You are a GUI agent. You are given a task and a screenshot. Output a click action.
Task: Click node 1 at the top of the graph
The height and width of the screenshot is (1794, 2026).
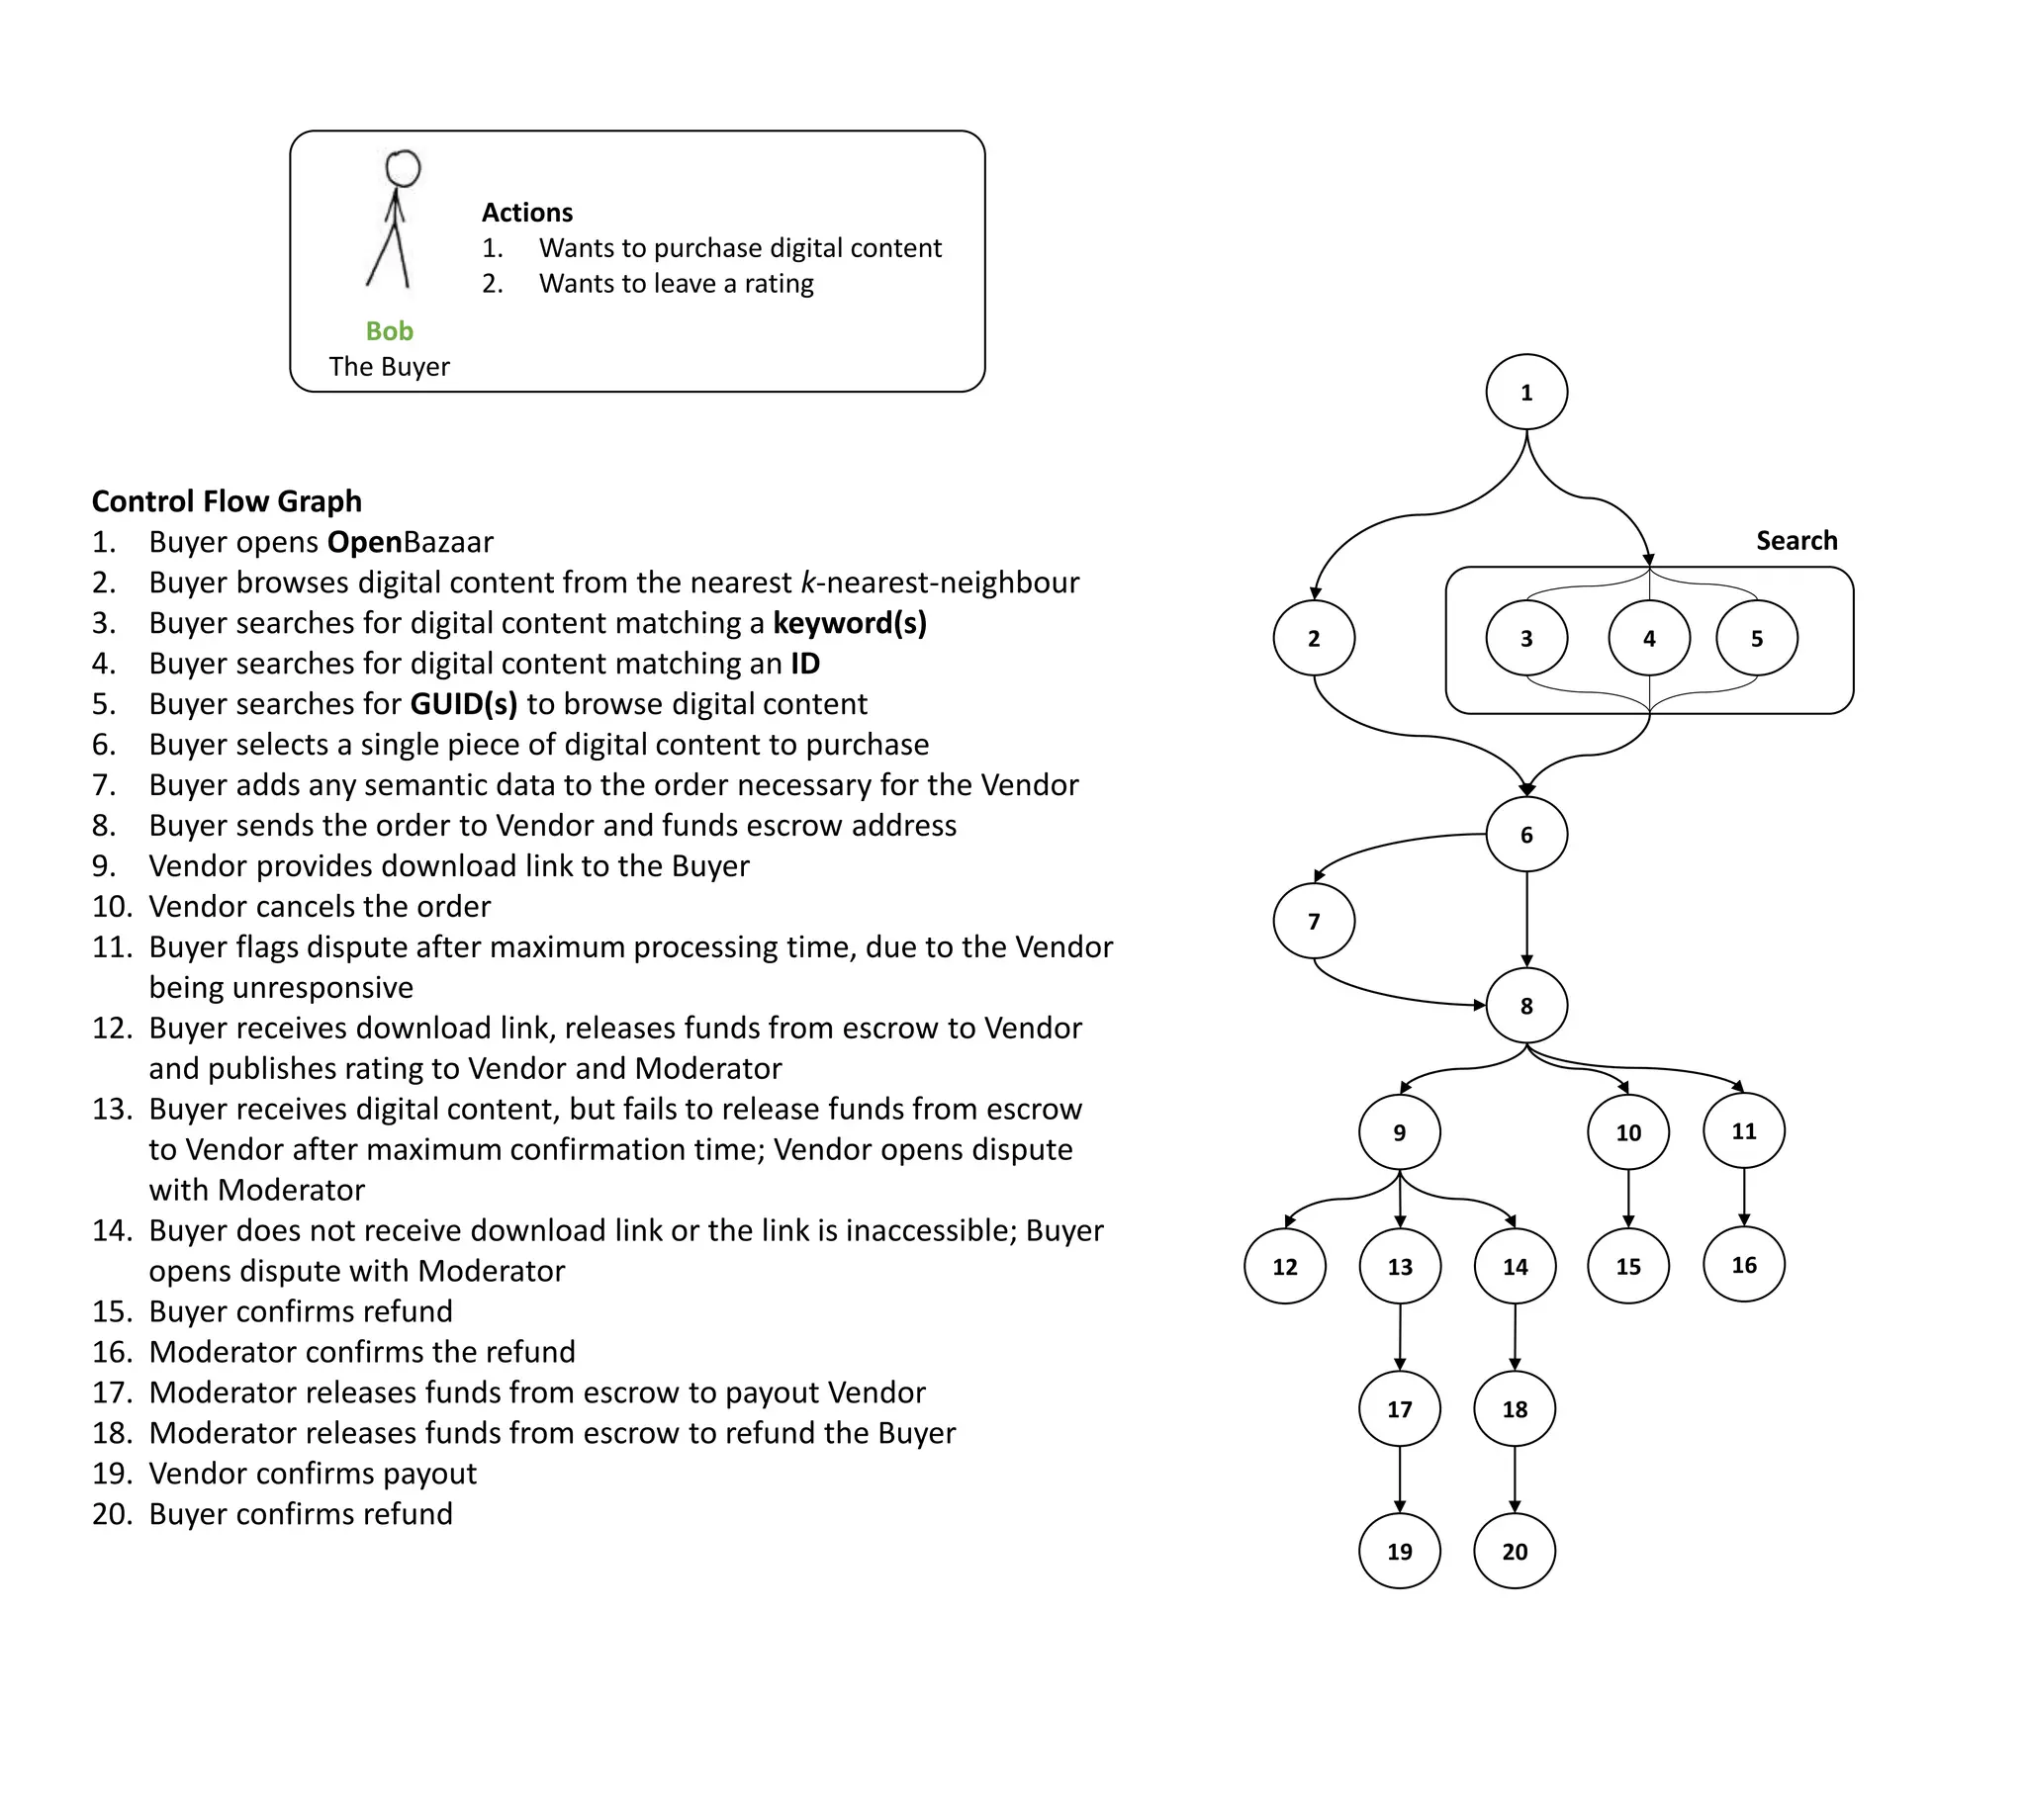pos(1526,393)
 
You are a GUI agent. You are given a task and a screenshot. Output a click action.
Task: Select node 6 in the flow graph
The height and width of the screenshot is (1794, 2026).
pos(1526,835)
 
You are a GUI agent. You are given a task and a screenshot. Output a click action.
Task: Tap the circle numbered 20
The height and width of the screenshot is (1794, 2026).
pos(1515,1551)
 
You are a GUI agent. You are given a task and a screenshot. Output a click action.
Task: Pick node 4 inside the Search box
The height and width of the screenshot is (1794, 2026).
pos(1649,638)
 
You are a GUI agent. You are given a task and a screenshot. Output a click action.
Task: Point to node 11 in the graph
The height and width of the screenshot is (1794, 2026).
pos(1744,1131)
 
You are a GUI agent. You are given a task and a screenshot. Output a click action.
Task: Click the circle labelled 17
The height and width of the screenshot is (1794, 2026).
pos(1400,1408)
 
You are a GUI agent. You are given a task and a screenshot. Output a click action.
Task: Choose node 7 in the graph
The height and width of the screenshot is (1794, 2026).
pos(1315,921)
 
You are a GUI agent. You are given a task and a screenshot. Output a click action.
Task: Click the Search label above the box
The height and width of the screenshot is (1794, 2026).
pos(1796,540)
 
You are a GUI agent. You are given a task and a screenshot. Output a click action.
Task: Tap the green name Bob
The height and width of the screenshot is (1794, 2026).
pos(390,331)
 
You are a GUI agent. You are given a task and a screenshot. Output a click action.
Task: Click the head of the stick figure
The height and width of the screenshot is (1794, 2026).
pos(403,168)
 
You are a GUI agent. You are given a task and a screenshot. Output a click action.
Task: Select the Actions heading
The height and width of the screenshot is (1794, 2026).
pos(527,212)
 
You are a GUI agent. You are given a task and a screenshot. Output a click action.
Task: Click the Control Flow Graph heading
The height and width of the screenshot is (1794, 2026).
pos(227,501)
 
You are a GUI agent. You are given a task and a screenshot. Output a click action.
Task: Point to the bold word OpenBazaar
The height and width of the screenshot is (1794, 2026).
pos(410,542)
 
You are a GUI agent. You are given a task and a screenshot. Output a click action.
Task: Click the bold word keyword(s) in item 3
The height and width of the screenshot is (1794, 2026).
pos(850,623)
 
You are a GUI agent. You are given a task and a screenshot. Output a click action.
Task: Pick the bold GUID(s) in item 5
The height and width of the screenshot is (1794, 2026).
pos(464,704)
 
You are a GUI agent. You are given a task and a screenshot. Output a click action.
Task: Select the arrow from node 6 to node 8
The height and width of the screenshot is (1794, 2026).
pos(1526,917)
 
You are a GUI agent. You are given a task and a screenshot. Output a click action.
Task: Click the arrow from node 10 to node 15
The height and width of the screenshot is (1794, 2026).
pos(1628,1200)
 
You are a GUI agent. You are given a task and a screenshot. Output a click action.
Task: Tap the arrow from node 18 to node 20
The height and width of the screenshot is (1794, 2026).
pos(1515,1479)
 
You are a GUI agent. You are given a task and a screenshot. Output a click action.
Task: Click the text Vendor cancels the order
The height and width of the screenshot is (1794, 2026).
pos(320,907)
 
